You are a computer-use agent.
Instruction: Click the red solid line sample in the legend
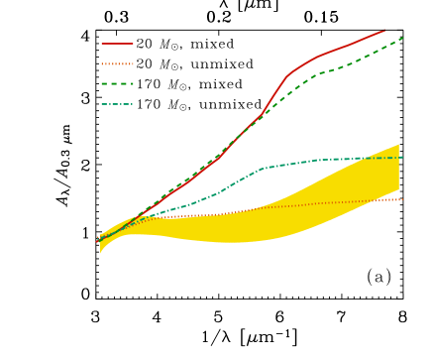pyautogui.click(x=117, y=44)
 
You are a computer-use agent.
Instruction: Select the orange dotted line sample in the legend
pyautogui.click(x=117, y=63)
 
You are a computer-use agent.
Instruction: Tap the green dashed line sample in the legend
pyautogui.click(x=117, y=83)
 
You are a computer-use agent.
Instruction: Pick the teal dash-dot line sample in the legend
pyautogui.click(x=117, y=104)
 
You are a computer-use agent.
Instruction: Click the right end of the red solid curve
pyautogui.click(x=384, y=31)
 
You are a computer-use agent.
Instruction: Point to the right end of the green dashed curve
pyautogui.click(x=403, y=38)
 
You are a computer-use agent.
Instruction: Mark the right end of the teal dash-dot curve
pyautogui.click(x=402, y=157)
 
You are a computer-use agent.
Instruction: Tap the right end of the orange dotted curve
pyautogui.click(x=402, y=199)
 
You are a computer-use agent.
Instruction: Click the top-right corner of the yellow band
pyautogui.click(x=398, y=144)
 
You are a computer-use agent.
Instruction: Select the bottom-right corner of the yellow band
pyautogui.click(x=398, y=189)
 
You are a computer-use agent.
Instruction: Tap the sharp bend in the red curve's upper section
pyautogui.click(x=287, y=75)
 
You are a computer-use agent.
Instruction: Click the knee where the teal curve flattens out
pyautogui.click(x=261, y=169)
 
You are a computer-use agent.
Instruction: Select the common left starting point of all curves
pyautogui.click(x=98, y=241)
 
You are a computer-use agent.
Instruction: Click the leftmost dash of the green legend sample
pyautogui.click(x=104, y=83)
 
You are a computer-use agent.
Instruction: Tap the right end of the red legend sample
pyautogui.click(x=133, y=44)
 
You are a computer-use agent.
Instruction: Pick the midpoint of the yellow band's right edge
pyautogui.click(x=398, y=167)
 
